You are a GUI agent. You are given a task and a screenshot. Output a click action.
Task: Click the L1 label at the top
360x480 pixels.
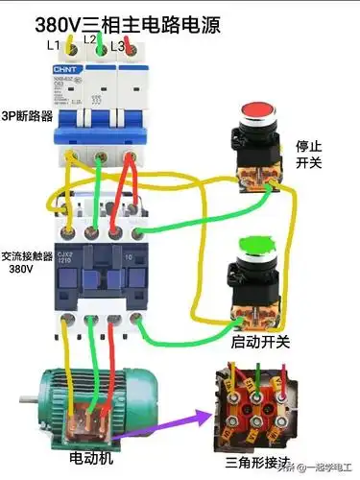pos(53,46)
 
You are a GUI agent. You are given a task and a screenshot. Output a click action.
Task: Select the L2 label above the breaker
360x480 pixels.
pos(89,40)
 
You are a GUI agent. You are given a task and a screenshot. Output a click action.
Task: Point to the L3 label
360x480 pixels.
pos(117,46)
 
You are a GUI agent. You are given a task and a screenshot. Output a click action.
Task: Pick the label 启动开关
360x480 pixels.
pos(260,341)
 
